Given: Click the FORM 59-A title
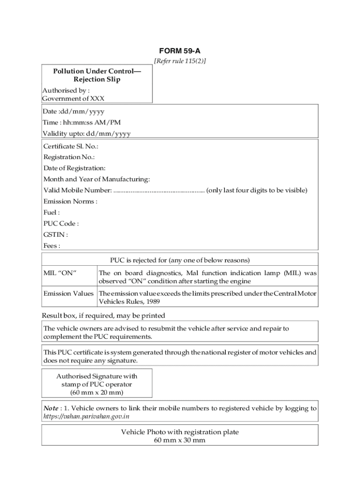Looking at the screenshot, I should [180, 51].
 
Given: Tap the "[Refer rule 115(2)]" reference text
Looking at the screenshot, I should [180, 61].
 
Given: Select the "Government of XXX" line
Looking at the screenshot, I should [73, 98].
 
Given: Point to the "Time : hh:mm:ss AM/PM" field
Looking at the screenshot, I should [81, 123].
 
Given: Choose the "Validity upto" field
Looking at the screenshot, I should [86, 134].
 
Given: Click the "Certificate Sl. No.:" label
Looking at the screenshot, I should [71, 146].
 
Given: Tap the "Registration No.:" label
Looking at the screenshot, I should [69, 157].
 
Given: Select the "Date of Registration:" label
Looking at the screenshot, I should [74, 168].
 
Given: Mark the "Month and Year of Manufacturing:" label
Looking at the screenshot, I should [97, 179].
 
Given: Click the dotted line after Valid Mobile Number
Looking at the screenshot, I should [159, 190].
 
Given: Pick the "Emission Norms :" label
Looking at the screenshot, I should [70, 202].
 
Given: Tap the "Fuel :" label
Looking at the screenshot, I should [51, 212].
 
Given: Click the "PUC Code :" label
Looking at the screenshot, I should [61, 224].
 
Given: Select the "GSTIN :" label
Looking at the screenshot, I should [56, 235].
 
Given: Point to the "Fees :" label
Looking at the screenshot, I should [51, 246].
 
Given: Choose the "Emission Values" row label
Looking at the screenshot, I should [68, 294].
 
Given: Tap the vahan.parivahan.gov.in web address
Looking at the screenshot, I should [86, 416].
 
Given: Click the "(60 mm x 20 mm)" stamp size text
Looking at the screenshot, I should [97, 392].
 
